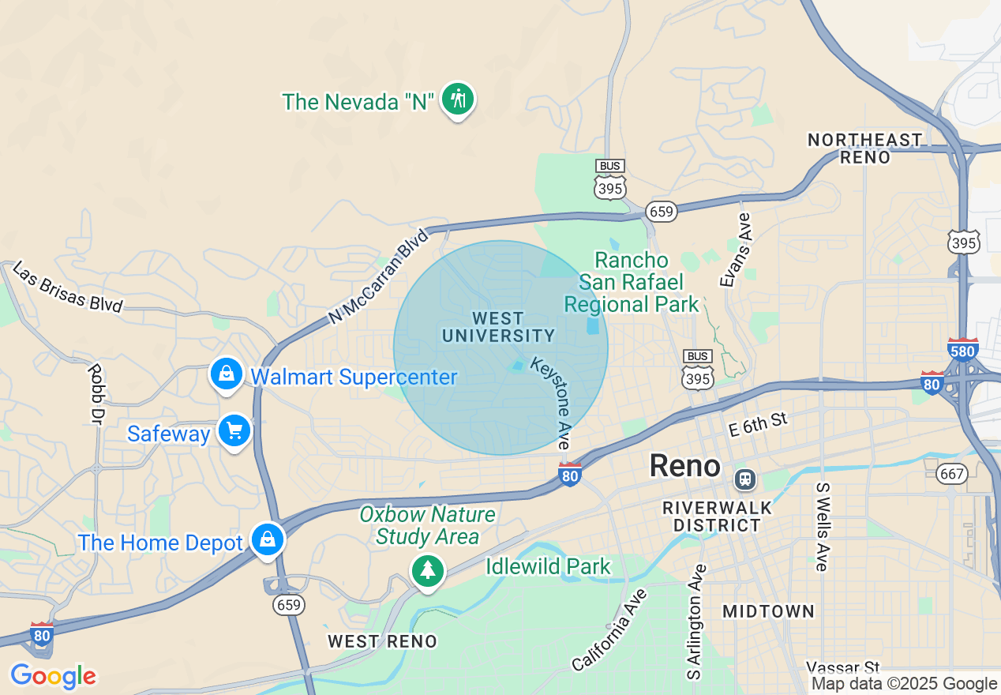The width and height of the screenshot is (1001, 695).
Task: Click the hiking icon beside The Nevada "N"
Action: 458,100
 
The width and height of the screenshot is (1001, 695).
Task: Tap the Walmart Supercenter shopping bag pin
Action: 227,374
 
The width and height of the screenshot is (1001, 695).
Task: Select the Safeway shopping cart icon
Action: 234,431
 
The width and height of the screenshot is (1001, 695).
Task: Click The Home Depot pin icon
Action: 268,540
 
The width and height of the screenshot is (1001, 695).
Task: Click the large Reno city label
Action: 684,466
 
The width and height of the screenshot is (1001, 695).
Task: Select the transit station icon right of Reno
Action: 744,479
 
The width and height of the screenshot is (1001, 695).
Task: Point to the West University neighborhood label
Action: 498,327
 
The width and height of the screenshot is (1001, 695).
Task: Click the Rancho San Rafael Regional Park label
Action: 632,282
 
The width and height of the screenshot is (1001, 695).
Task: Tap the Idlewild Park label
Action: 548,566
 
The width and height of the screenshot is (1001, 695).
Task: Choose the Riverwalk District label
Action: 711,516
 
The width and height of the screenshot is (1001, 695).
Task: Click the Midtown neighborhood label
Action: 768,610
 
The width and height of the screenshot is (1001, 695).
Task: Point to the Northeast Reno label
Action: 864,148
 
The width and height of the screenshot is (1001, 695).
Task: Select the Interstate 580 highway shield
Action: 963,348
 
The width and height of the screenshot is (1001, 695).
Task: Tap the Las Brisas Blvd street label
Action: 68,288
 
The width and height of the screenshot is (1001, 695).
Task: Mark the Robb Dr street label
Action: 96,393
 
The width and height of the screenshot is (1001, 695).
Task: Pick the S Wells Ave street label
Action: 822,526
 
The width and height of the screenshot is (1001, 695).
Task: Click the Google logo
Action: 53,677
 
